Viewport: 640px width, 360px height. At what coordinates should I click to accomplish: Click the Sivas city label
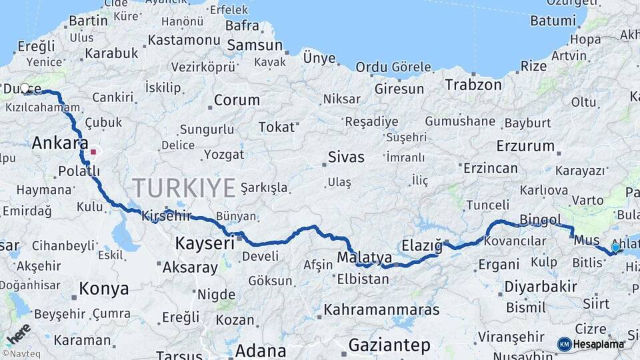click(346, 157)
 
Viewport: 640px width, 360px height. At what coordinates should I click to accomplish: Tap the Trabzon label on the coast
click(473, 85)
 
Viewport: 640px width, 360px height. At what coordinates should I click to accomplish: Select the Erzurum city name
click(525, 145)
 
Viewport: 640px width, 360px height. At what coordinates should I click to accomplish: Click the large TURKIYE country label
click(183, 188)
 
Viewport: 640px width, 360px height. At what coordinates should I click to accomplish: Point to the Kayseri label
click(205, 243)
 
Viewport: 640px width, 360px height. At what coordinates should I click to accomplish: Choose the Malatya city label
click(364, 257)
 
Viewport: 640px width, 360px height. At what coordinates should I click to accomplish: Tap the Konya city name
click(103, 289)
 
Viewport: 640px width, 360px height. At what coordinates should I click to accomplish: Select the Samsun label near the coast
click(255, 45)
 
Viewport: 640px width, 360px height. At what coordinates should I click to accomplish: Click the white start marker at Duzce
click(25, 88)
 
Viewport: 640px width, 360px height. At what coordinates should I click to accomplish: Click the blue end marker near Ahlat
click(615, 247)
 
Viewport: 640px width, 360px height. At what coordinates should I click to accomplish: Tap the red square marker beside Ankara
click(93, 151)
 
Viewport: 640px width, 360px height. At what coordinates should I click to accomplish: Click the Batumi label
click(553, 21)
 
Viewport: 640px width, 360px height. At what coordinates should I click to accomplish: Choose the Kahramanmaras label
click(381, 309)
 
